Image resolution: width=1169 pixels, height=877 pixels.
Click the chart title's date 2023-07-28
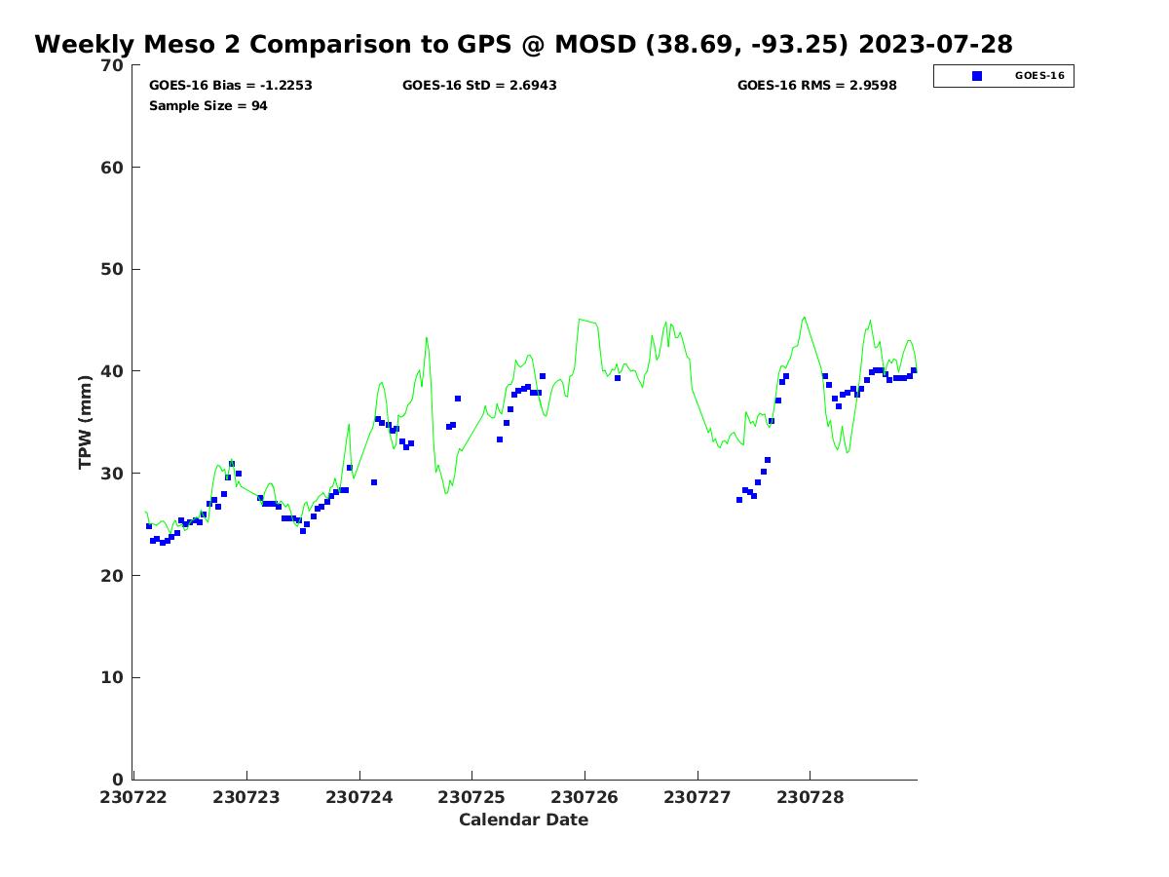[x=936, y=45]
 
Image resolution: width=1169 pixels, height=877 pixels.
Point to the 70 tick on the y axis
[x=113, y=65]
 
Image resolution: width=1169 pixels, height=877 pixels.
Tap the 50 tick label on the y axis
[x=113, y=270]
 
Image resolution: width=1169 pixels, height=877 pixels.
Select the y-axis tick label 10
[x=113, y=678]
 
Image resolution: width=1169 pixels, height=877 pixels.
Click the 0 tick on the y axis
[x=119, y=780]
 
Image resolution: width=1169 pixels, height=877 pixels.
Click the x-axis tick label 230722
[x=134, y=797]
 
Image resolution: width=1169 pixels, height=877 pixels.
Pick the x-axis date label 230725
[x=471, y=797]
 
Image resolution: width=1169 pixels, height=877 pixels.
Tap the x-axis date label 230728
[x=810, y=797]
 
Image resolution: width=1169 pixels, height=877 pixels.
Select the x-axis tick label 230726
[x=584, y=797]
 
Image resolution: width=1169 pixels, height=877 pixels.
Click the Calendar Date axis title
[x=524, y=820]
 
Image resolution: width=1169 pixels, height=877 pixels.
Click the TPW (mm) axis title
[x=86, y=422]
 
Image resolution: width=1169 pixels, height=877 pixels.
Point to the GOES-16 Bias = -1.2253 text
[x=231, y=86]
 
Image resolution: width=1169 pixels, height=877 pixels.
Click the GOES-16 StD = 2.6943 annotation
[x=479, y=86]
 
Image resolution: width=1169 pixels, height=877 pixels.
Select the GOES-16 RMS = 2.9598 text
[x=816, y=86]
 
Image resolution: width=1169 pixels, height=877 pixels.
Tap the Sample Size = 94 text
[x=208, y=106]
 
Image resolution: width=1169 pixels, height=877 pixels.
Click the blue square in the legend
[x=977, y=76]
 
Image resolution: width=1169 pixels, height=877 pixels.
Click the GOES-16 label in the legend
[x=1039, y=76]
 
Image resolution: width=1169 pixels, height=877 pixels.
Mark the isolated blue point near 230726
[x=618, y=378]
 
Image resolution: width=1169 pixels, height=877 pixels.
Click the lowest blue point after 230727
[x=739, y=500]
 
